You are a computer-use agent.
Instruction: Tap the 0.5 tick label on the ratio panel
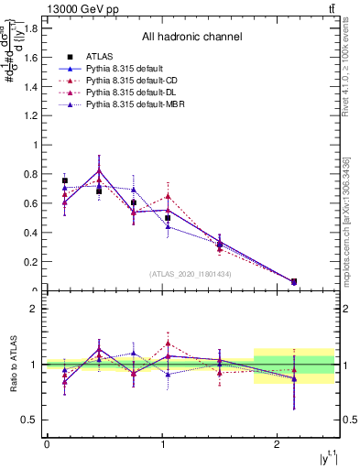[28, 420]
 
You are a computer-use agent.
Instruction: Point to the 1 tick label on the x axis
[162, 445]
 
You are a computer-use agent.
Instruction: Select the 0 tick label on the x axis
[47, 445]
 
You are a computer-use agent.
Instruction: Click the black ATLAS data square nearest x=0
[64, 180]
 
